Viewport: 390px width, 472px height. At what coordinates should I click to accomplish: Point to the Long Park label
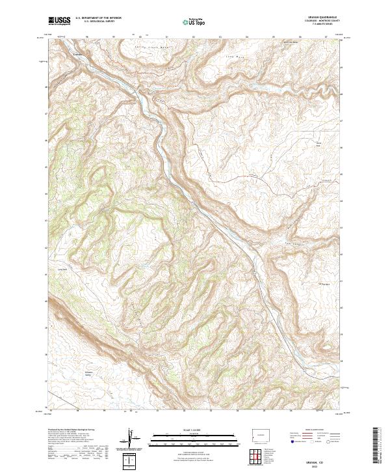[63, 269]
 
